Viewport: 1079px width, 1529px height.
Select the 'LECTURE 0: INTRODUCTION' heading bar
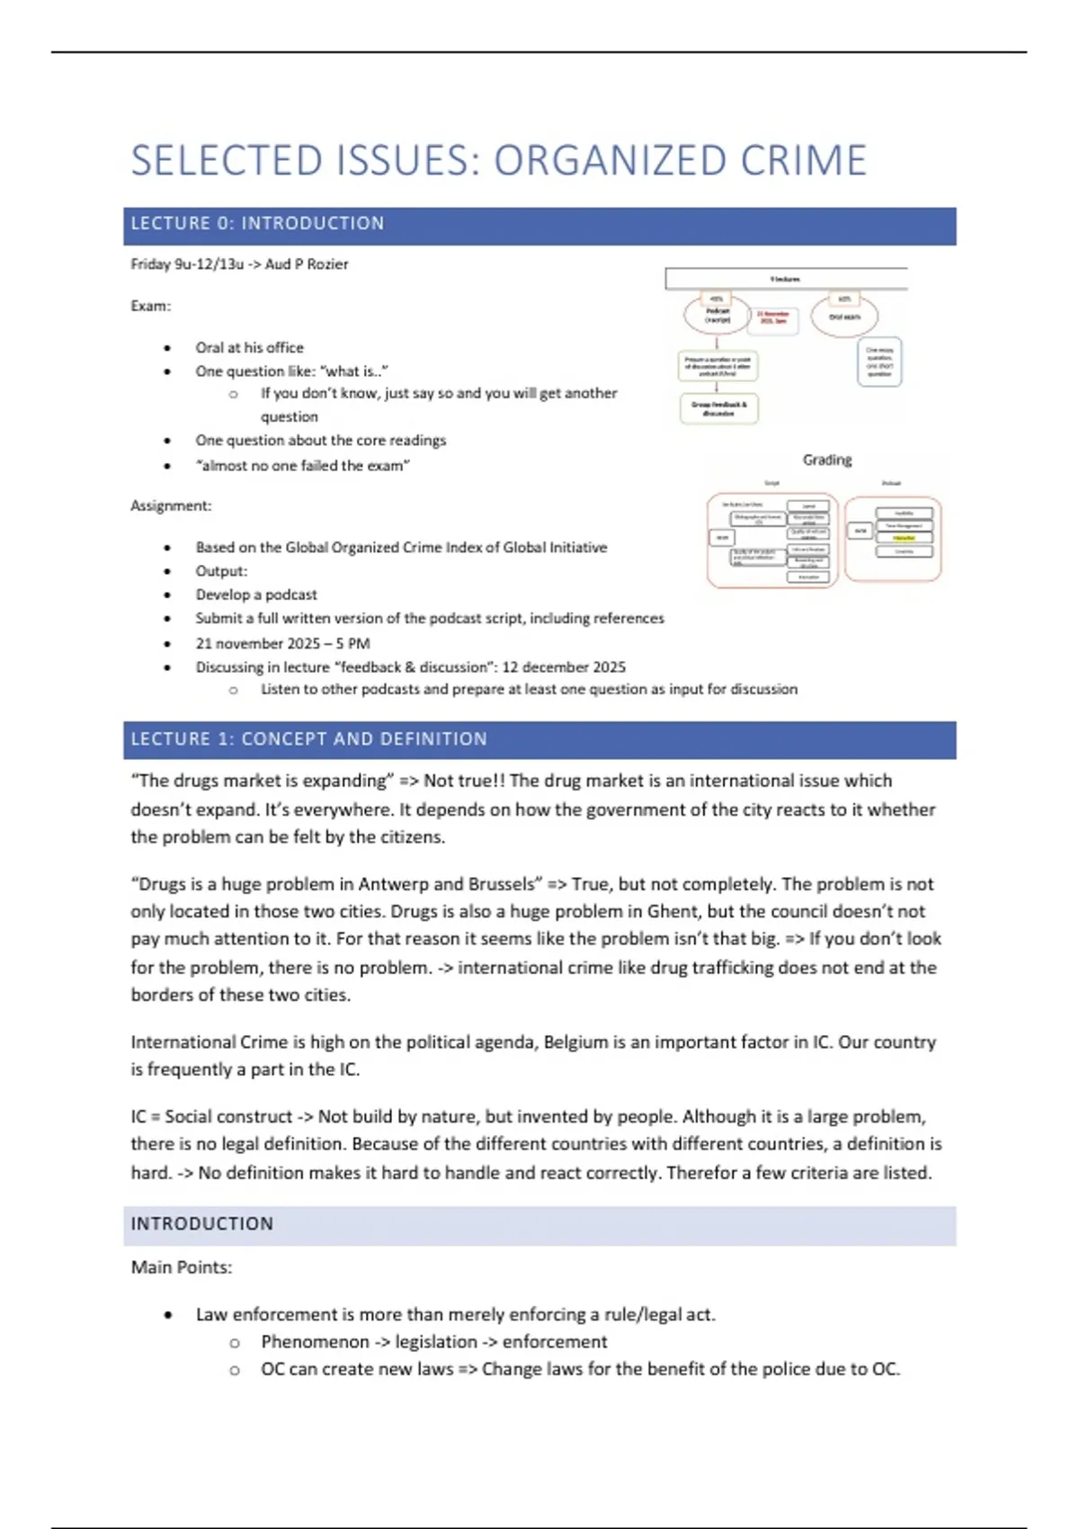[x=539, y=225]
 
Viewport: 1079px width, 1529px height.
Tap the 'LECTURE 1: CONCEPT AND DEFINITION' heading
[x=539, y=739]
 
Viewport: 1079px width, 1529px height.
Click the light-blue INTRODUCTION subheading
[x=539, y=1224]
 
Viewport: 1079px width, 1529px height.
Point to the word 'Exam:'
[x=151, y=306]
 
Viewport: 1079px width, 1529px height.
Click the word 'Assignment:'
[x=171, y=505]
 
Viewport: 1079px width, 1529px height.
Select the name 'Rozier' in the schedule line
[x=327, y=264]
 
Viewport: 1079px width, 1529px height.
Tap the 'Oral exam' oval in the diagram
[x=844, y=317]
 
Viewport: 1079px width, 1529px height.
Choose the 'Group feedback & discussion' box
[x=718, y=408]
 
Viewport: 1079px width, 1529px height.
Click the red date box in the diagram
[x=773, y=319]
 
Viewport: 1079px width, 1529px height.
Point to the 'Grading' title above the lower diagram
[x=827, y=460]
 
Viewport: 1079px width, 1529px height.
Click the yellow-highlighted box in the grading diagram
[x=904, y=538]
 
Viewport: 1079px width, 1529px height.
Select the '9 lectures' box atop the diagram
[x=785, y=279]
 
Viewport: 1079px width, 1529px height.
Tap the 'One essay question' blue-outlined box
[x=879, y=362]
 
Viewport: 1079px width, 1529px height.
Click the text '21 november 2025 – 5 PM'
[x=282, y=643]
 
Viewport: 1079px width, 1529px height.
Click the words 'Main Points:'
[x=182, y=1267]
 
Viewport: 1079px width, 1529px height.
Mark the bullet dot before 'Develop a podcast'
[x=168, y=595]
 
